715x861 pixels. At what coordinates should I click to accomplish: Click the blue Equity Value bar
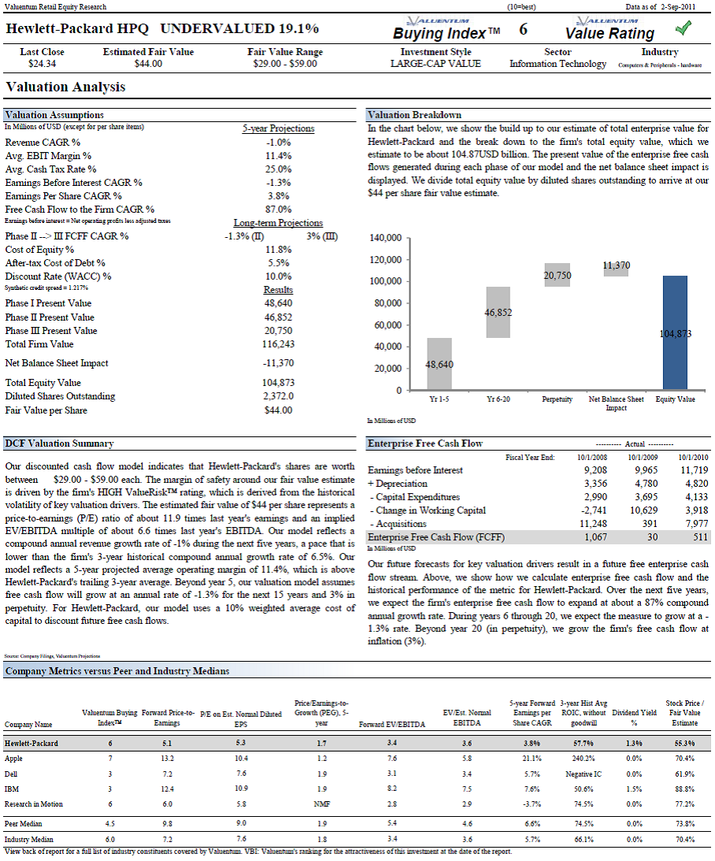tap(675, 332)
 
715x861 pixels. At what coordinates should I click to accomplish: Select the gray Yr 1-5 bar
tap(439, 364)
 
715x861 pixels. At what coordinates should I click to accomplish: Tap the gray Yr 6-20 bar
tap(498, 313)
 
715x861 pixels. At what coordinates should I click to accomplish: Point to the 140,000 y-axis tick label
tap(386, 238)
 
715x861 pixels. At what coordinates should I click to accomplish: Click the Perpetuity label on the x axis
tap(557, 399)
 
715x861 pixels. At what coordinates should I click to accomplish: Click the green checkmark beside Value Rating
tap(684, 28)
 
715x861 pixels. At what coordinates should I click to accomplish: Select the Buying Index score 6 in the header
tap(524, 29)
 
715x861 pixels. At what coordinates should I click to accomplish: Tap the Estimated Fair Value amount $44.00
tap(148, 64)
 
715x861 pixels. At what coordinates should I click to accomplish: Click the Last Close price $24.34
tap(43, 64)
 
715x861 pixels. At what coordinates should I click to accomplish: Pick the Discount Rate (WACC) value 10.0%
tap(278, 276)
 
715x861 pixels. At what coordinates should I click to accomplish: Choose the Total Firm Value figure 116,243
tap(278, 344)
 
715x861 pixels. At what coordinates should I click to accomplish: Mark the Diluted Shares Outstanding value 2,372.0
tap(278, 396)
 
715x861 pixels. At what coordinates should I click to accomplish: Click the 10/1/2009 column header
tap(643, 457)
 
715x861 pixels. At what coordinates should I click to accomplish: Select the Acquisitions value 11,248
tap(593, 524)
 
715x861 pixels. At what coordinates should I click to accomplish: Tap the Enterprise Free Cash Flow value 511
tap(700, 537)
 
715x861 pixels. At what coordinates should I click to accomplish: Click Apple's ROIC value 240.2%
tap(583, 759)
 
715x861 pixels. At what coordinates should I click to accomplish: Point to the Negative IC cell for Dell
tap(583, 774)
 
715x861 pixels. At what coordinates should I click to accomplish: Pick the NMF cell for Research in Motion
tap(321, 804)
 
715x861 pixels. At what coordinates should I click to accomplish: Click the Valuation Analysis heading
tap(65, 87)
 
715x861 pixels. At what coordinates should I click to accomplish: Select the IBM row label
tap(12, 789)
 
